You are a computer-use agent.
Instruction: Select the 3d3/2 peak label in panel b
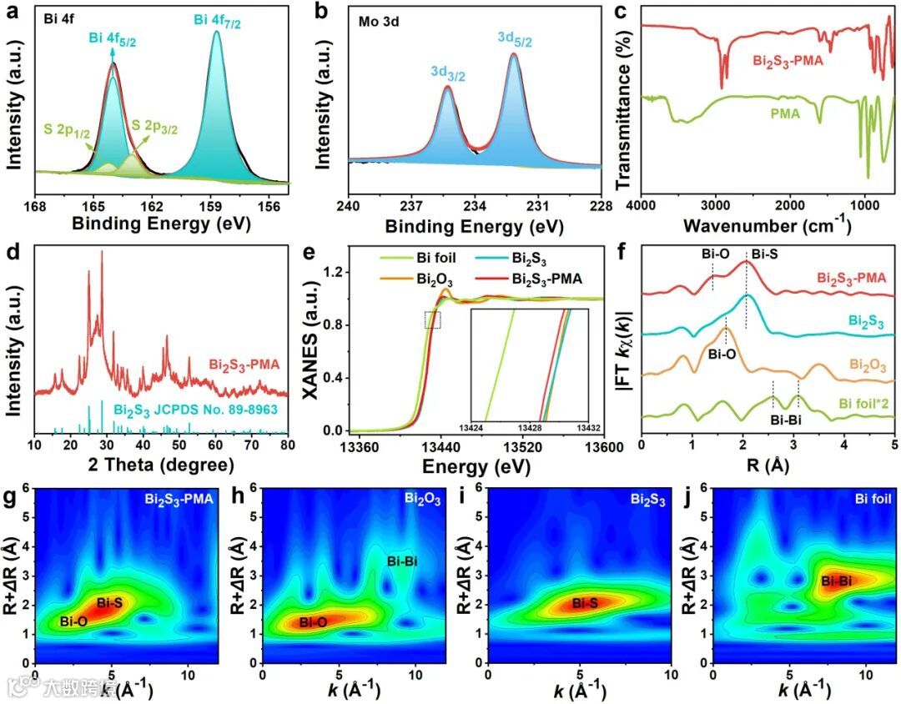coord(448,73)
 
